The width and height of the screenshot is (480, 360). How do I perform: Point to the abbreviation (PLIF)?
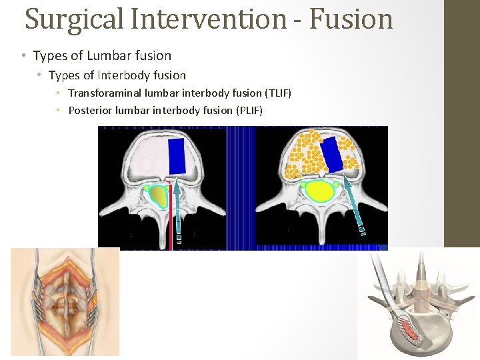(249, 109)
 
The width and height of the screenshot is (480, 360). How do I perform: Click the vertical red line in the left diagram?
(171, 213)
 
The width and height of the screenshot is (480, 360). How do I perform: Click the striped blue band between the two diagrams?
(241, 187)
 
